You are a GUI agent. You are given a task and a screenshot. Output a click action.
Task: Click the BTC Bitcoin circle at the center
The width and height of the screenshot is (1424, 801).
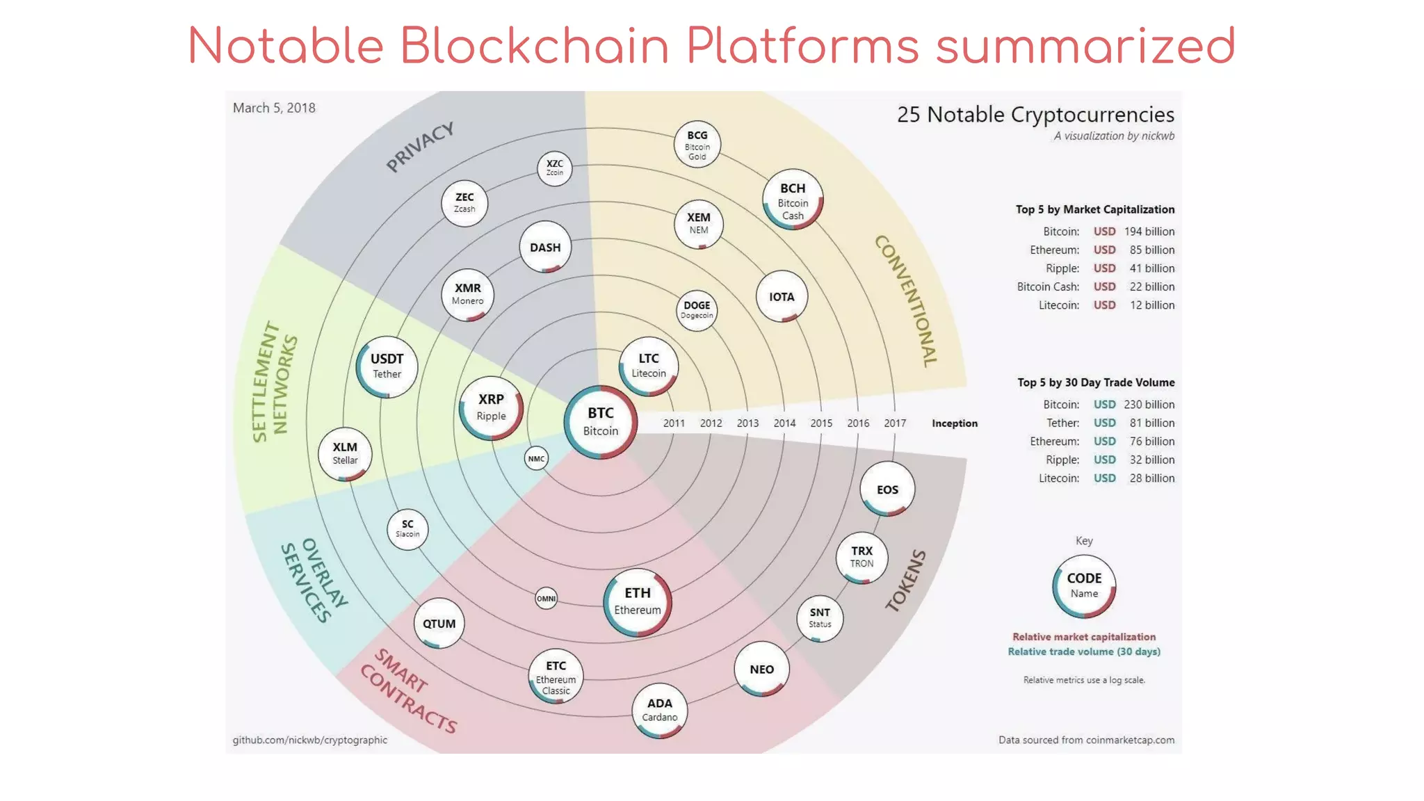(x=601, y=422)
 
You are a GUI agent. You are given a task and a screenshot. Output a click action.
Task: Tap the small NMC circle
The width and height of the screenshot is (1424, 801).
(x=536, y=459)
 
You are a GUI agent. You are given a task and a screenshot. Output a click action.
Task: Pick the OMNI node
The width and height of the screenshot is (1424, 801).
(x=546, y=599)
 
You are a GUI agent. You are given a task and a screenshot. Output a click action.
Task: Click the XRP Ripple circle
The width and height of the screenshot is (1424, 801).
(x=491, y=408)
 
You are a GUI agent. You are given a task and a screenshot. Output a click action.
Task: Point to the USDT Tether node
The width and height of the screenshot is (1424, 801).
(x=387, y=366)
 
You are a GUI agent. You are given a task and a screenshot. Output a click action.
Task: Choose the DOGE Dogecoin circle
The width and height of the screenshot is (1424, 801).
(x=697, y=310)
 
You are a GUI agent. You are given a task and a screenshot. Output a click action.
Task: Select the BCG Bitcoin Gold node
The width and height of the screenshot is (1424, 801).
(x=697, y=145)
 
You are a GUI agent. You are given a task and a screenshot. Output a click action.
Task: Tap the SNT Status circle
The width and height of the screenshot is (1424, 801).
(x=820, y=618)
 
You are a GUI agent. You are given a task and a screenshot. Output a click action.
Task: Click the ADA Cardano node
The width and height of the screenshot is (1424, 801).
(x=659, y=710)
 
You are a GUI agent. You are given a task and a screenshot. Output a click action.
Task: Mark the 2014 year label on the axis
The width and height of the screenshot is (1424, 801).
(x=784, y=423)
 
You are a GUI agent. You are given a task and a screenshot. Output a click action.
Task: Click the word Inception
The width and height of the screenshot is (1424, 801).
(x=954, y=423)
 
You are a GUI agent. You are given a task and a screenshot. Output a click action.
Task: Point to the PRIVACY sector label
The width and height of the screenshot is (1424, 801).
(x=420, y=147)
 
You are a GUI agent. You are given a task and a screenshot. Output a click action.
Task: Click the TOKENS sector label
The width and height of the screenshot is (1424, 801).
(x=906, y=581)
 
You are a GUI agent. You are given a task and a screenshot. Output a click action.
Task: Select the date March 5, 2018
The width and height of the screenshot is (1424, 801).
(x=274, y=108)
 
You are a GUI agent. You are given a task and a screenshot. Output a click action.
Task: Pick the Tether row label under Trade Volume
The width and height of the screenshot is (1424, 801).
(x=1062, y=423)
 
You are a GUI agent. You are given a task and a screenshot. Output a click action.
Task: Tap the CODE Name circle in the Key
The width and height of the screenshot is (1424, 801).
(x=1084, y=586)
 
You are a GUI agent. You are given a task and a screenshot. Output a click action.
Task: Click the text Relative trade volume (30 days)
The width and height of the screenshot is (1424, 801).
(x=1083, y=652)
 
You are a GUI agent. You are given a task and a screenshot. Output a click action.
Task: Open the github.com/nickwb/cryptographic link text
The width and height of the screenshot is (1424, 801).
(x=309, y=740)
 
